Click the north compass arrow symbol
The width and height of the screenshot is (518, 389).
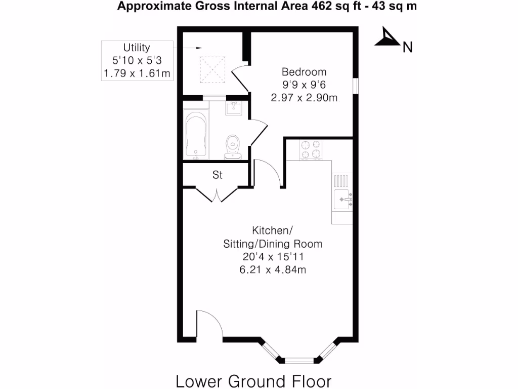point(386,38)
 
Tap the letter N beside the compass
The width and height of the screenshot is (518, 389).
point(407,48)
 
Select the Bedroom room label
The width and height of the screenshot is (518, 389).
point(304,72)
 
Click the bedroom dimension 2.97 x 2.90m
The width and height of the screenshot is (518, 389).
point(304,98)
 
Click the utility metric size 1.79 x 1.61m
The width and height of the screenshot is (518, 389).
point(137,74)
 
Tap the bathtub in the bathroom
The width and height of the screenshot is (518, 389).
point(196,135)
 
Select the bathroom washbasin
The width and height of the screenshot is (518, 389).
point(234,108)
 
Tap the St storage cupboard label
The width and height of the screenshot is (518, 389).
point(218,176)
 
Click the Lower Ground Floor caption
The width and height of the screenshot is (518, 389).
point(253,380)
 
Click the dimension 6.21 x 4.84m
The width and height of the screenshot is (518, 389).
point(273,270)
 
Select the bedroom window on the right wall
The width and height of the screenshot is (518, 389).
point(356,86)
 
